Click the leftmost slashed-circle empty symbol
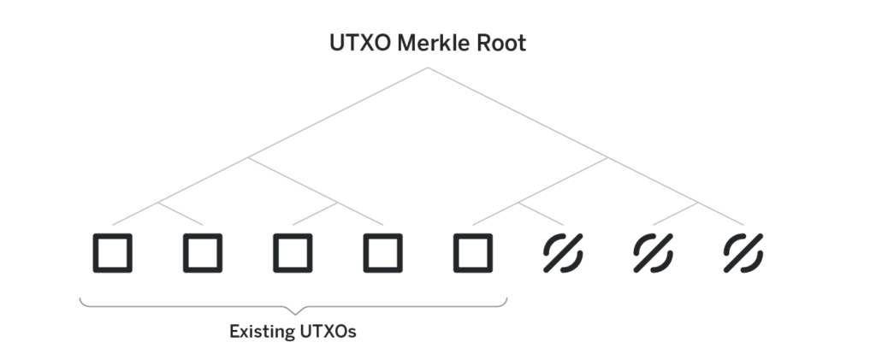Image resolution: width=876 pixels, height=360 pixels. click(563, 253)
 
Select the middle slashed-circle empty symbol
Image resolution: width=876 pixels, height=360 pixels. click(653, 253)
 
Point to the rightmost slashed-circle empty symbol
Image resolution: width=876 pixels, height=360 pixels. click(743, 253)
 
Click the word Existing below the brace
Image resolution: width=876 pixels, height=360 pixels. click(262, 332)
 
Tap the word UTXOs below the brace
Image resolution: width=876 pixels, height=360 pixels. click(328, 332)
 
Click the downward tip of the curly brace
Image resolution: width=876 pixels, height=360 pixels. click(294, 314)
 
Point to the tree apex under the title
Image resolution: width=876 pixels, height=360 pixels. click(428, 68)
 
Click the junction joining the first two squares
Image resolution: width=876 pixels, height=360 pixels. click(158, 203)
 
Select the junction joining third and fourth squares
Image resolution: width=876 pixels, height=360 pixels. click(337, 203)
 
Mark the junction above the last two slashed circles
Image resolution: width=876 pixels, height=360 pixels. click(698, 203)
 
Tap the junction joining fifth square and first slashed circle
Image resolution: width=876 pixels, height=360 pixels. click(518, 203)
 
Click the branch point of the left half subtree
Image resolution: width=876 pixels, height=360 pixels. click(248, 158)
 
